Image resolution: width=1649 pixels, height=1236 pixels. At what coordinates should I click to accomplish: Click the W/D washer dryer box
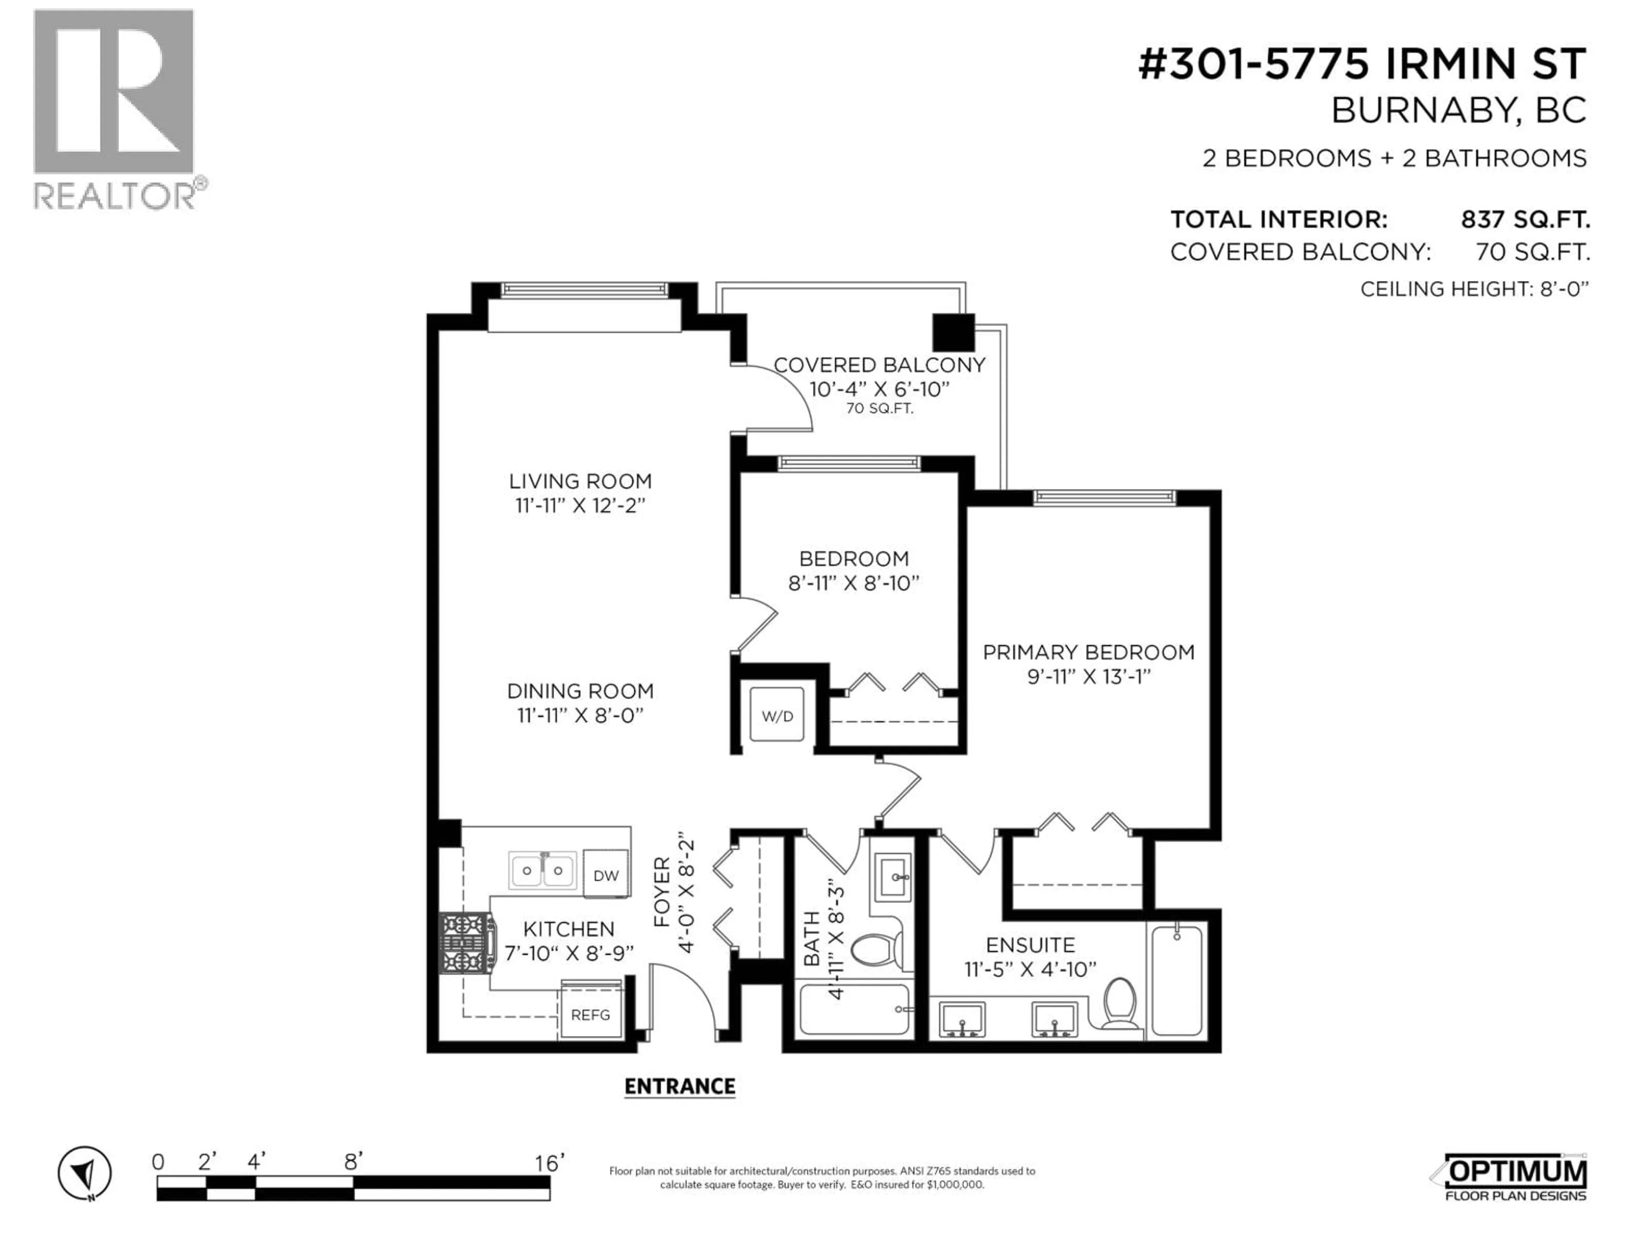coord(777,715)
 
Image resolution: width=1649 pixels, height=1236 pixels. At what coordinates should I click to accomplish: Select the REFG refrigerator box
coord(590,1015)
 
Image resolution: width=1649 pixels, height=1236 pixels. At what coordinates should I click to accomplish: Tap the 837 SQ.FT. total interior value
coord(1525,220)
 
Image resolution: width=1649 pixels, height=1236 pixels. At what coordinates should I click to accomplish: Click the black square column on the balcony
coord(953,332)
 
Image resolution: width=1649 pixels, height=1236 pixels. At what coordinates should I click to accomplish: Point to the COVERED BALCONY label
coord(879,365)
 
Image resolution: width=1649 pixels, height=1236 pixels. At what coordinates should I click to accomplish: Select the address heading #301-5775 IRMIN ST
coord(1361,64)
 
